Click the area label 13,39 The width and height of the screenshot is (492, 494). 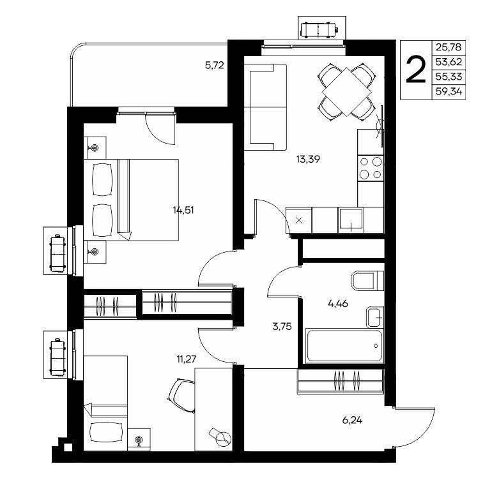(308, 160)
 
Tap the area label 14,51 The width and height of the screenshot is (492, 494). (183, 210)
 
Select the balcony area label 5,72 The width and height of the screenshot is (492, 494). (215, 66)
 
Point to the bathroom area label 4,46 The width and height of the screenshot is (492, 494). (338, 304)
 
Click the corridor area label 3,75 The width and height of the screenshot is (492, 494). (282, 327)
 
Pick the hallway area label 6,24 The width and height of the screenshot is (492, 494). (352, 420)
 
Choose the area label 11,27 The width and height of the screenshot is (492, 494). (187, 359)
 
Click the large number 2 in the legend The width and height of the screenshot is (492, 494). (416, 70)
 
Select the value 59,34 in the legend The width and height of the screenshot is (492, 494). (449, 92)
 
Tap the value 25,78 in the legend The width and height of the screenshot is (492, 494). (449, 48)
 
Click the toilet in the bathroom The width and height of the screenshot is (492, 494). (367, 280)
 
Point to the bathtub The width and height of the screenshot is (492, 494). (344, 346)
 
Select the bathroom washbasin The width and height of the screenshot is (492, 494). (374, 317)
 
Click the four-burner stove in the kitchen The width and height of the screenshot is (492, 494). (370, 168)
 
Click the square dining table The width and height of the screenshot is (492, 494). (346, 92)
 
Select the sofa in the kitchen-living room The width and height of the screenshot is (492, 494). (265, 107)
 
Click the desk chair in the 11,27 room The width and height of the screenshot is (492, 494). (182, 396)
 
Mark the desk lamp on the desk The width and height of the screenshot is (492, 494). (220, 436)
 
